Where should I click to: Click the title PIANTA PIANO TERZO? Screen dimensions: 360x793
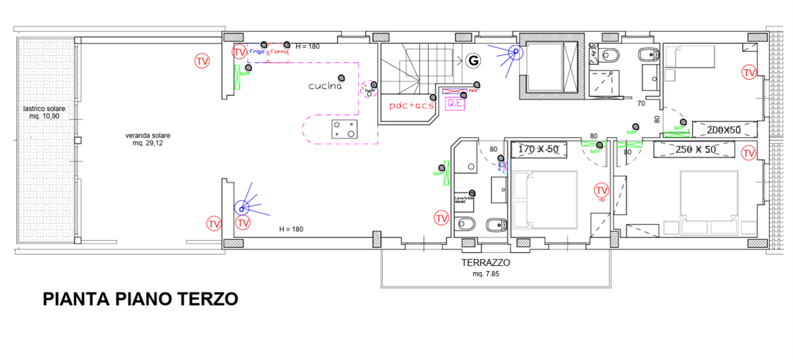141,299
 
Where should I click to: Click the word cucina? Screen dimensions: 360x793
325,86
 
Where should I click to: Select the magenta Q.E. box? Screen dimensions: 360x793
455,103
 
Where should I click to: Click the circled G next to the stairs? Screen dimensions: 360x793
474,60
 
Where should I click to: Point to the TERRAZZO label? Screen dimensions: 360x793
486,263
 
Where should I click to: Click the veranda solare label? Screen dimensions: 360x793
147,135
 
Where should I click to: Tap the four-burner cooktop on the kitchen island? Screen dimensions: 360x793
344,130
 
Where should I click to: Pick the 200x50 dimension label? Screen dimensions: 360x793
724,130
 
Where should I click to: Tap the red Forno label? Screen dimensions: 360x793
280,53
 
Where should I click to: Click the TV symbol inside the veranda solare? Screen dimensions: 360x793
202,61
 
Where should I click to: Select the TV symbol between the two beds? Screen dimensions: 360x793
601,190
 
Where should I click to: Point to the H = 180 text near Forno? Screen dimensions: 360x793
308,46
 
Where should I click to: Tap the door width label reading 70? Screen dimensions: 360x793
641,104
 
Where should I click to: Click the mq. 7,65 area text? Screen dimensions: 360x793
486,273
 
